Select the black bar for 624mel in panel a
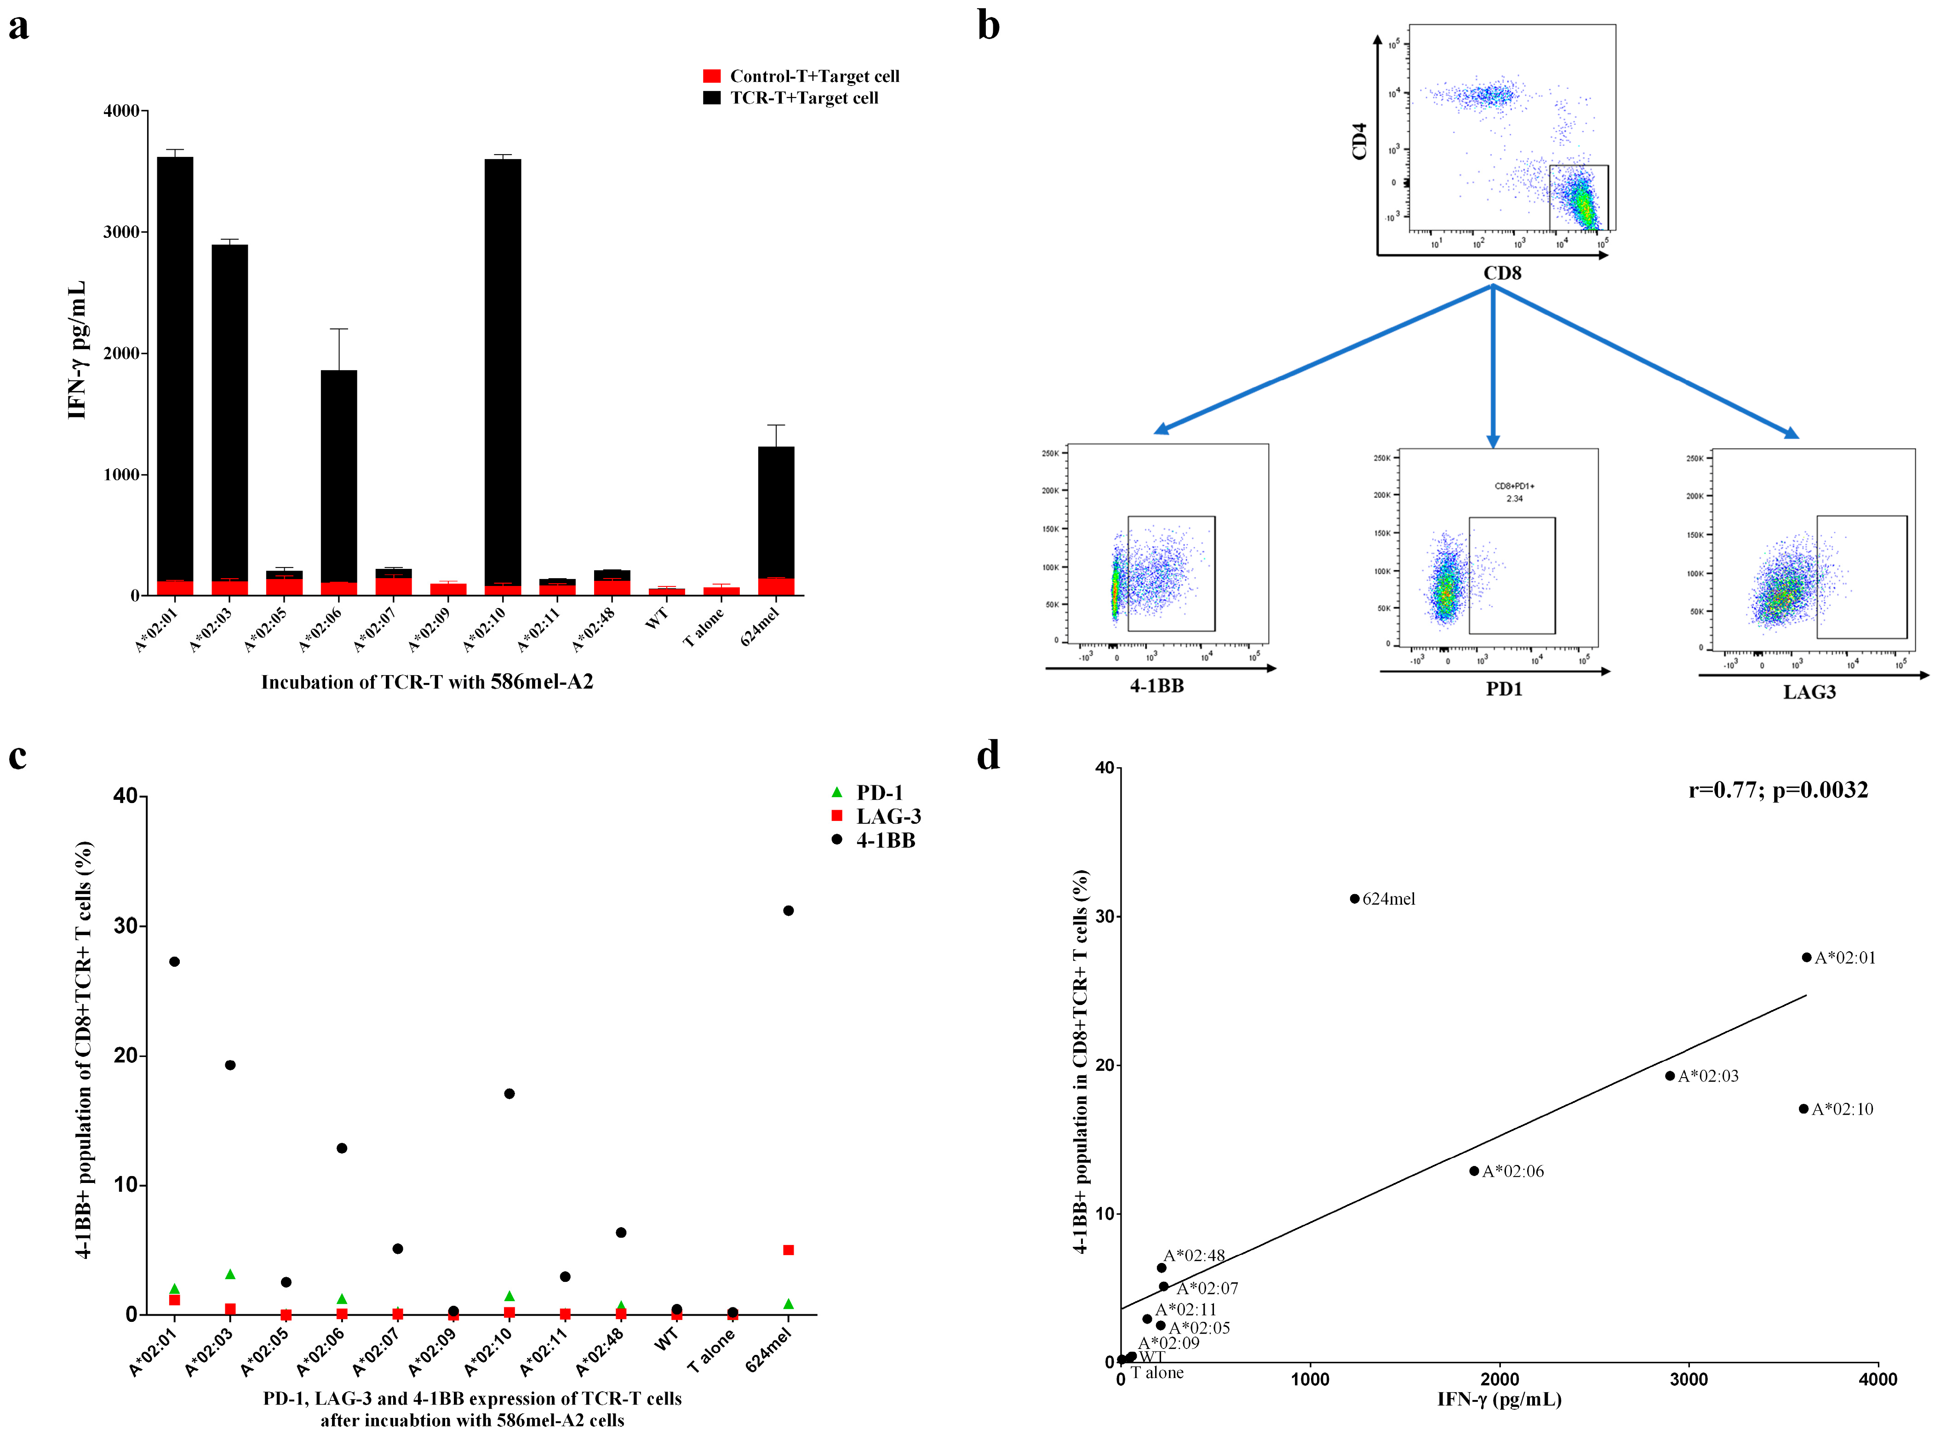point(776,512)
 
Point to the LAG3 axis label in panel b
point(1809,692)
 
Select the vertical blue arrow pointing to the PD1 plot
point(1493,365)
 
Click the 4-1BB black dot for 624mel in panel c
point(788,910)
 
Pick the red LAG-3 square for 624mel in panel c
point(788,1250)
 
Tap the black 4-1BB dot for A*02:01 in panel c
point(175,962)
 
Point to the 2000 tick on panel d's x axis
point(1499,1379)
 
